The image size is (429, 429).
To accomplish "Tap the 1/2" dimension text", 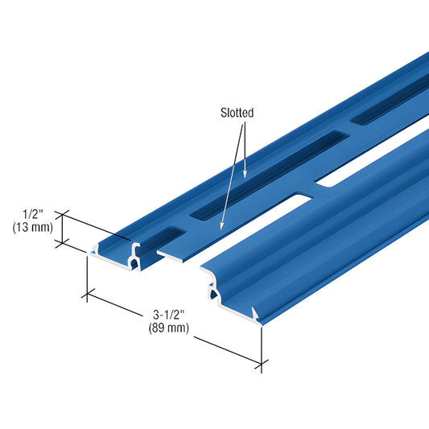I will click(32, 214).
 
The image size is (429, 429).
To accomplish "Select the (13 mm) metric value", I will click(32, 227).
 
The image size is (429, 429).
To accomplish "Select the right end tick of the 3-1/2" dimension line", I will click(260, 365).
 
